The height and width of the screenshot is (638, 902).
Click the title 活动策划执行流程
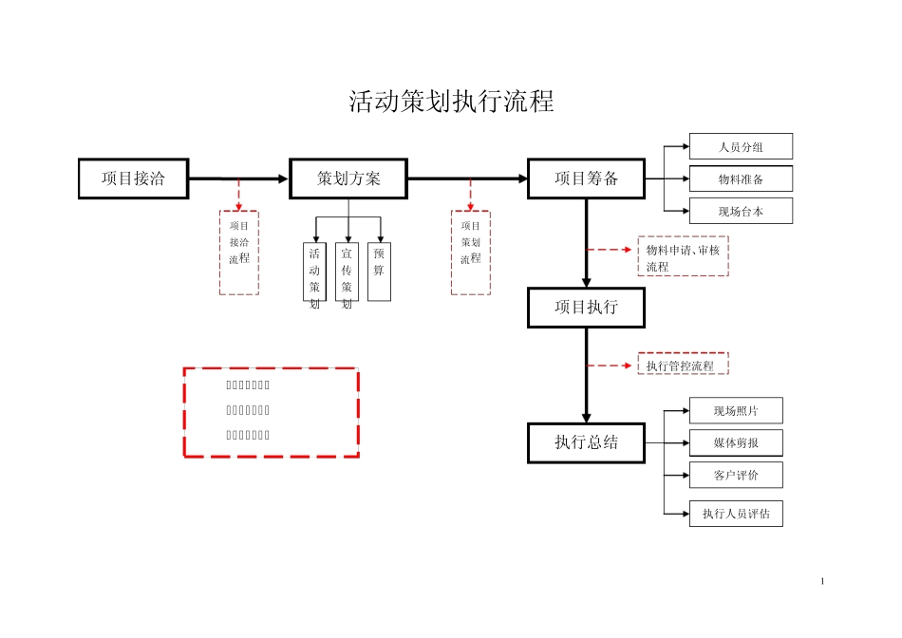[x=451, y=103]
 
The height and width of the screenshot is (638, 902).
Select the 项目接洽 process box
[x=133, y=178]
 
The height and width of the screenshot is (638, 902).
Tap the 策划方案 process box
[x=348, y=178]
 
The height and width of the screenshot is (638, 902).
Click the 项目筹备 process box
[x=586, y=178]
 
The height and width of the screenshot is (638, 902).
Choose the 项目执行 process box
[x=586, y=308]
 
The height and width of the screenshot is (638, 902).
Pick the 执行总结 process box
[x=586, y=442]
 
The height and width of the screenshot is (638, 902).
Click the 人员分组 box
[x=741, y=146]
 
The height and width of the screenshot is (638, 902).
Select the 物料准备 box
[x=741, y=178]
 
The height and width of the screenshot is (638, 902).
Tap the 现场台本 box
[x=741, y=212]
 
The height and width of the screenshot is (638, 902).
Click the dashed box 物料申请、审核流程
[x=683, y=257]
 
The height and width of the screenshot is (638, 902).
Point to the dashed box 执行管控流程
[x=683, y=365]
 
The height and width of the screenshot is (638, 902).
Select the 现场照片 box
[x=736, y=411]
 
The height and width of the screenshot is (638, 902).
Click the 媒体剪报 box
[x=736, y=442]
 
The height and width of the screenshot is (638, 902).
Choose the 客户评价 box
[x=736, y=474]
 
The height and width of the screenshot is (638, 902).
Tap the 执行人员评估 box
[x=736, y=514]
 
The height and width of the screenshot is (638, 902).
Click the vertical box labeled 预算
[x=379, y=271]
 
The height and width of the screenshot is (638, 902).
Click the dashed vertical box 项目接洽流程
[x=239, y=253]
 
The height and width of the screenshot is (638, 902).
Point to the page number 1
[x=822, y=581]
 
